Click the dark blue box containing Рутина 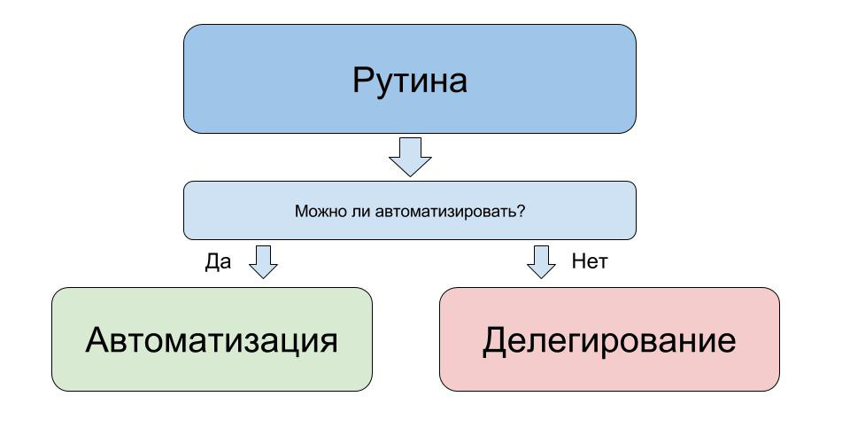coord(410,79)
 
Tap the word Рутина coord(410,82)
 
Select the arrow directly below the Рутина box coord(410,157)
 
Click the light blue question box coord(410,210)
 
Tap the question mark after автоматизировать coord(522,211)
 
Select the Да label coord(218,262)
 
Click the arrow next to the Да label coord(264,262)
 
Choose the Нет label coord(590,261)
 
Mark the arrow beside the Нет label coord(541,262)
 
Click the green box coord(212,338)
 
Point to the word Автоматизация coord(212,341)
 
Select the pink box coord(609,338)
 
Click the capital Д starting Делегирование coord(495,342)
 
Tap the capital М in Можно coord(301,211)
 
